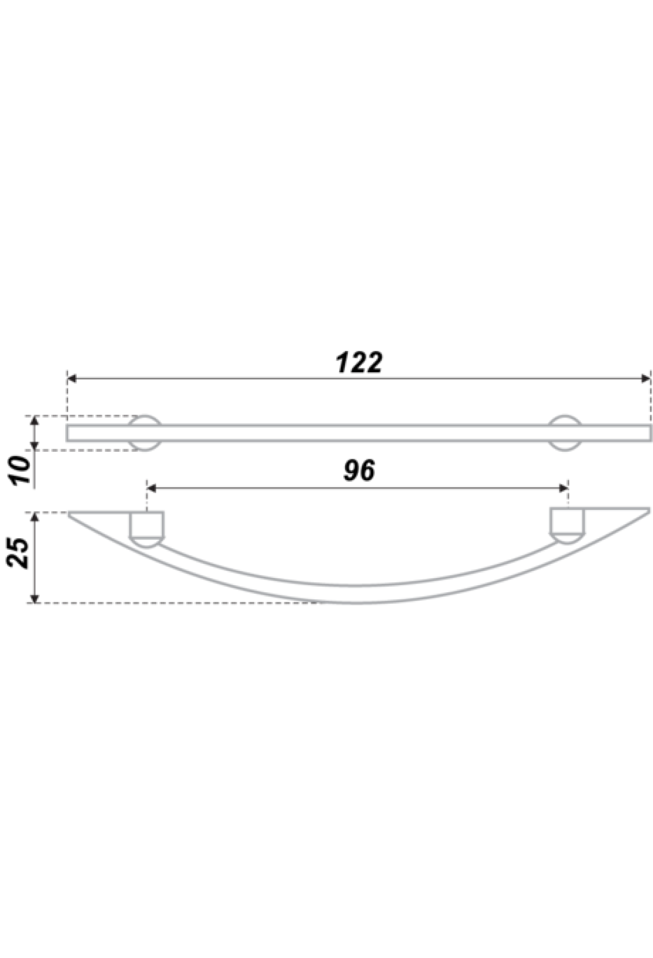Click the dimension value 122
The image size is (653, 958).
pos(359,363)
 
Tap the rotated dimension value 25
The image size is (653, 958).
pos(21,552)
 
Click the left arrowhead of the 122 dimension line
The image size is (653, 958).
pos(71,378)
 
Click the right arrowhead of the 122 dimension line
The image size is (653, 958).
pos(646,378)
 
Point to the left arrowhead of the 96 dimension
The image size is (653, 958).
pos(152,488)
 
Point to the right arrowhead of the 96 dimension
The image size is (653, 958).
pos(564,488)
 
